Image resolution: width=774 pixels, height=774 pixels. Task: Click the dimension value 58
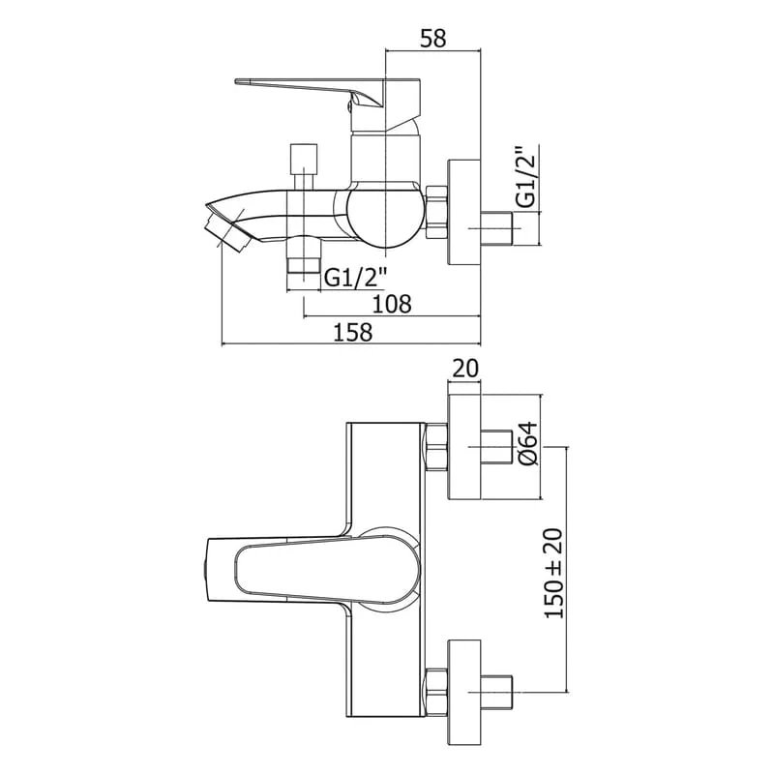click(x=432, y=39)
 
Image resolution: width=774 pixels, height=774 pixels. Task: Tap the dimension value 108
click(x=392, y=304)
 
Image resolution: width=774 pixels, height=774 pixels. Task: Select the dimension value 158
click(x=352, y=332)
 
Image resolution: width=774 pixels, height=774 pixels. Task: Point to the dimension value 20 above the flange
click(x=465, y=369)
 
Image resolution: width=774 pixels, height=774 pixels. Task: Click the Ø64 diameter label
click(x=527, y=443)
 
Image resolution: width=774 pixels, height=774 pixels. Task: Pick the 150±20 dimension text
click(x=552, y=573)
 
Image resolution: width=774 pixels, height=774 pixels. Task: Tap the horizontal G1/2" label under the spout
click(x=354, y=278)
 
